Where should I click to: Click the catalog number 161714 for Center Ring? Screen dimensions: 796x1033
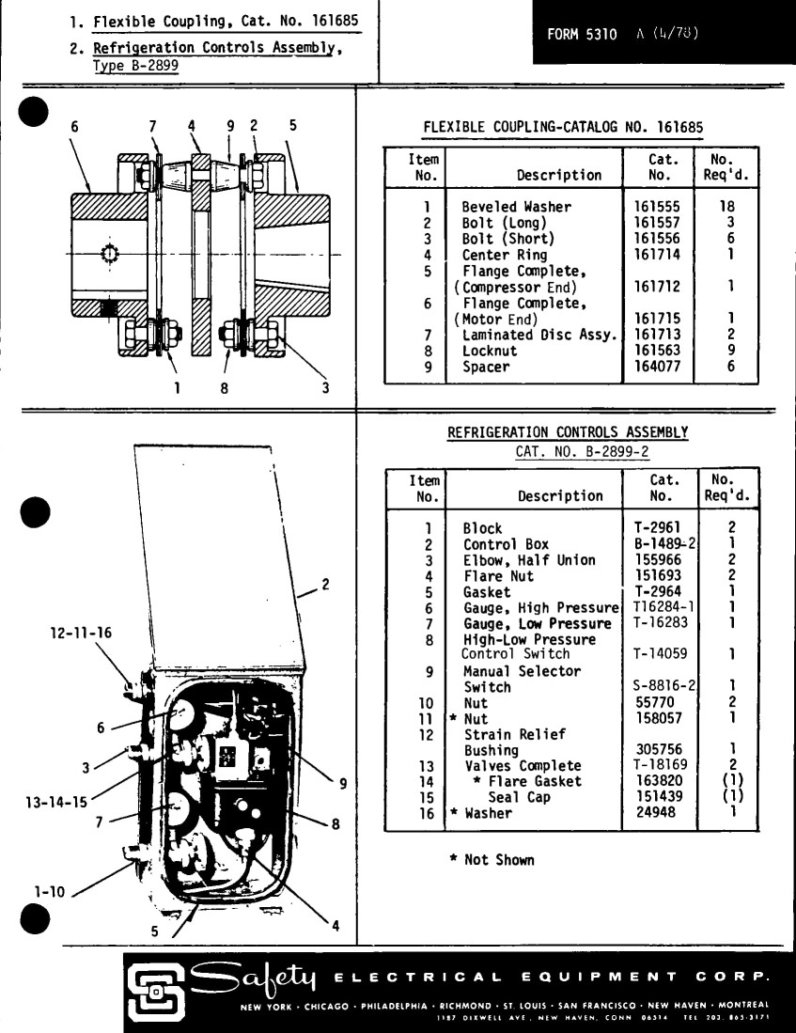[x=656, y=255]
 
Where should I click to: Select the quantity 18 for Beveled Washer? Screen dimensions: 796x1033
[x=726, y=206]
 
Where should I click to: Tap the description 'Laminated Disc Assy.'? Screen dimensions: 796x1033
[x=539, y=335]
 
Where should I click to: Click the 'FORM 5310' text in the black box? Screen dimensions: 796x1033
[x=582, y=34]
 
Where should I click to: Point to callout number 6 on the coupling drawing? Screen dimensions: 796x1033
[x=74, y=127]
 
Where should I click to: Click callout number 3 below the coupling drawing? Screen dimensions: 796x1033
[x=325, y=387]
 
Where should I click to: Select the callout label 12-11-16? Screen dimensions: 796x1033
[x=81, y=634]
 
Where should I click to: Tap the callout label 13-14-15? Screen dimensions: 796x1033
[x=56, y=803]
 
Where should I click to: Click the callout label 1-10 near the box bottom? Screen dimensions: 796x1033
[x=50, y=892]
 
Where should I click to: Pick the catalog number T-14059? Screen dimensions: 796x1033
[x=660, y=654]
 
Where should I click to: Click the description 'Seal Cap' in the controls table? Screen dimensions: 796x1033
[x=520, y=797]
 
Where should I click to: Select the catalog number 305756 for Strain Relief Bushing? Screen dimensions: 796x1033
[x=659, y=749]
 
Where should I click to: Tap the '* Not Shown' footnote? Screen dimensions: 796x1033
[x=492, y=860]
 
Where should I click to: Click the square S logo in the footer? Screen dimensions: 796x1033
[x=156, y=993]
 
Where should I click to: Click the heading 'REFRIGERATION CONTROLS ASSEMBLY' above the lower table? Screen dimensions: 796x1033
[x=568, y=432]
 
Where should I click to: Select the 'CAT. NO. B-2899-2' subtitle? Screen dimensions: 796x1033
[x=582, y=452]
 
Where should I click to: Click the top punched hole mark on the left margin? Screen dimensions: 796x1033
[x=34, y=112]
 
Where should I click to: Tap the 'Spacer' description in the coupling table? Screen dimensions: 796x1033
[x=486, y=367]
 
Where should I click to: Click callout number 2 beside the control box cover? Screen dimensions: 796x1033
[x=325, y=585]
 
